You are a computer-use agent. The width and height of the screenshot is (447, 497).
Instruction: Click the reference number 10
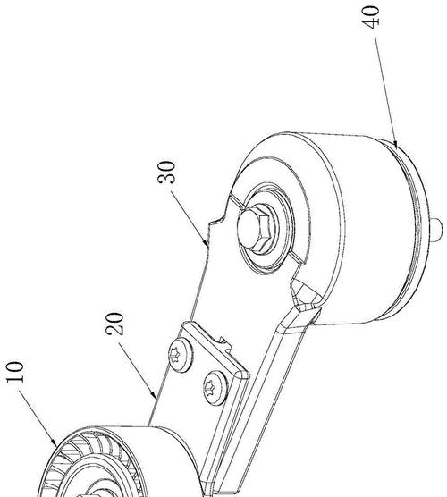point(15,372)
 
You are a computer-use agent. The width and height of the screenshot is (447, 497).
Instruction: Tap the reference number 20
point(114,324)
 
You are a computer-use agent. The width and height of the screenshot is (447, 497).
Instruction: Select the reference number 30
point(166,173)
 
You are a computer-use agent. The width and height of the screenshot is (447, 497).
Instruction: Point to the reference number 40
point(370,18)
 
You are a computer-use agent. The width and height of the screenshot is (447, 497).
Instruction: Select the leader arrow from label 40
point(386,93)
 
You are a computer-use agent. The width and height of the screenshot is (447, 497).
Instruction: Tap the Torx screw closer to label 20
point(181,355)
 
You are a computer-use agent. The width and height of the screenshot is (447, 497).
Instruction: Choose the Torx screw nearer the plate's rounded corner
point(215,388)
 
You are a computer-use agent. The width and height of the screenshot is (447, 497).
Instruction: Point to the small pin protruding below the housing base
point(435,230)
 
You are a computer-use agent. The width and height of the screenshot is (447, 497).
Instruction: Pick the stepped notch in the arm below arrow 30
point(219,219)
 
